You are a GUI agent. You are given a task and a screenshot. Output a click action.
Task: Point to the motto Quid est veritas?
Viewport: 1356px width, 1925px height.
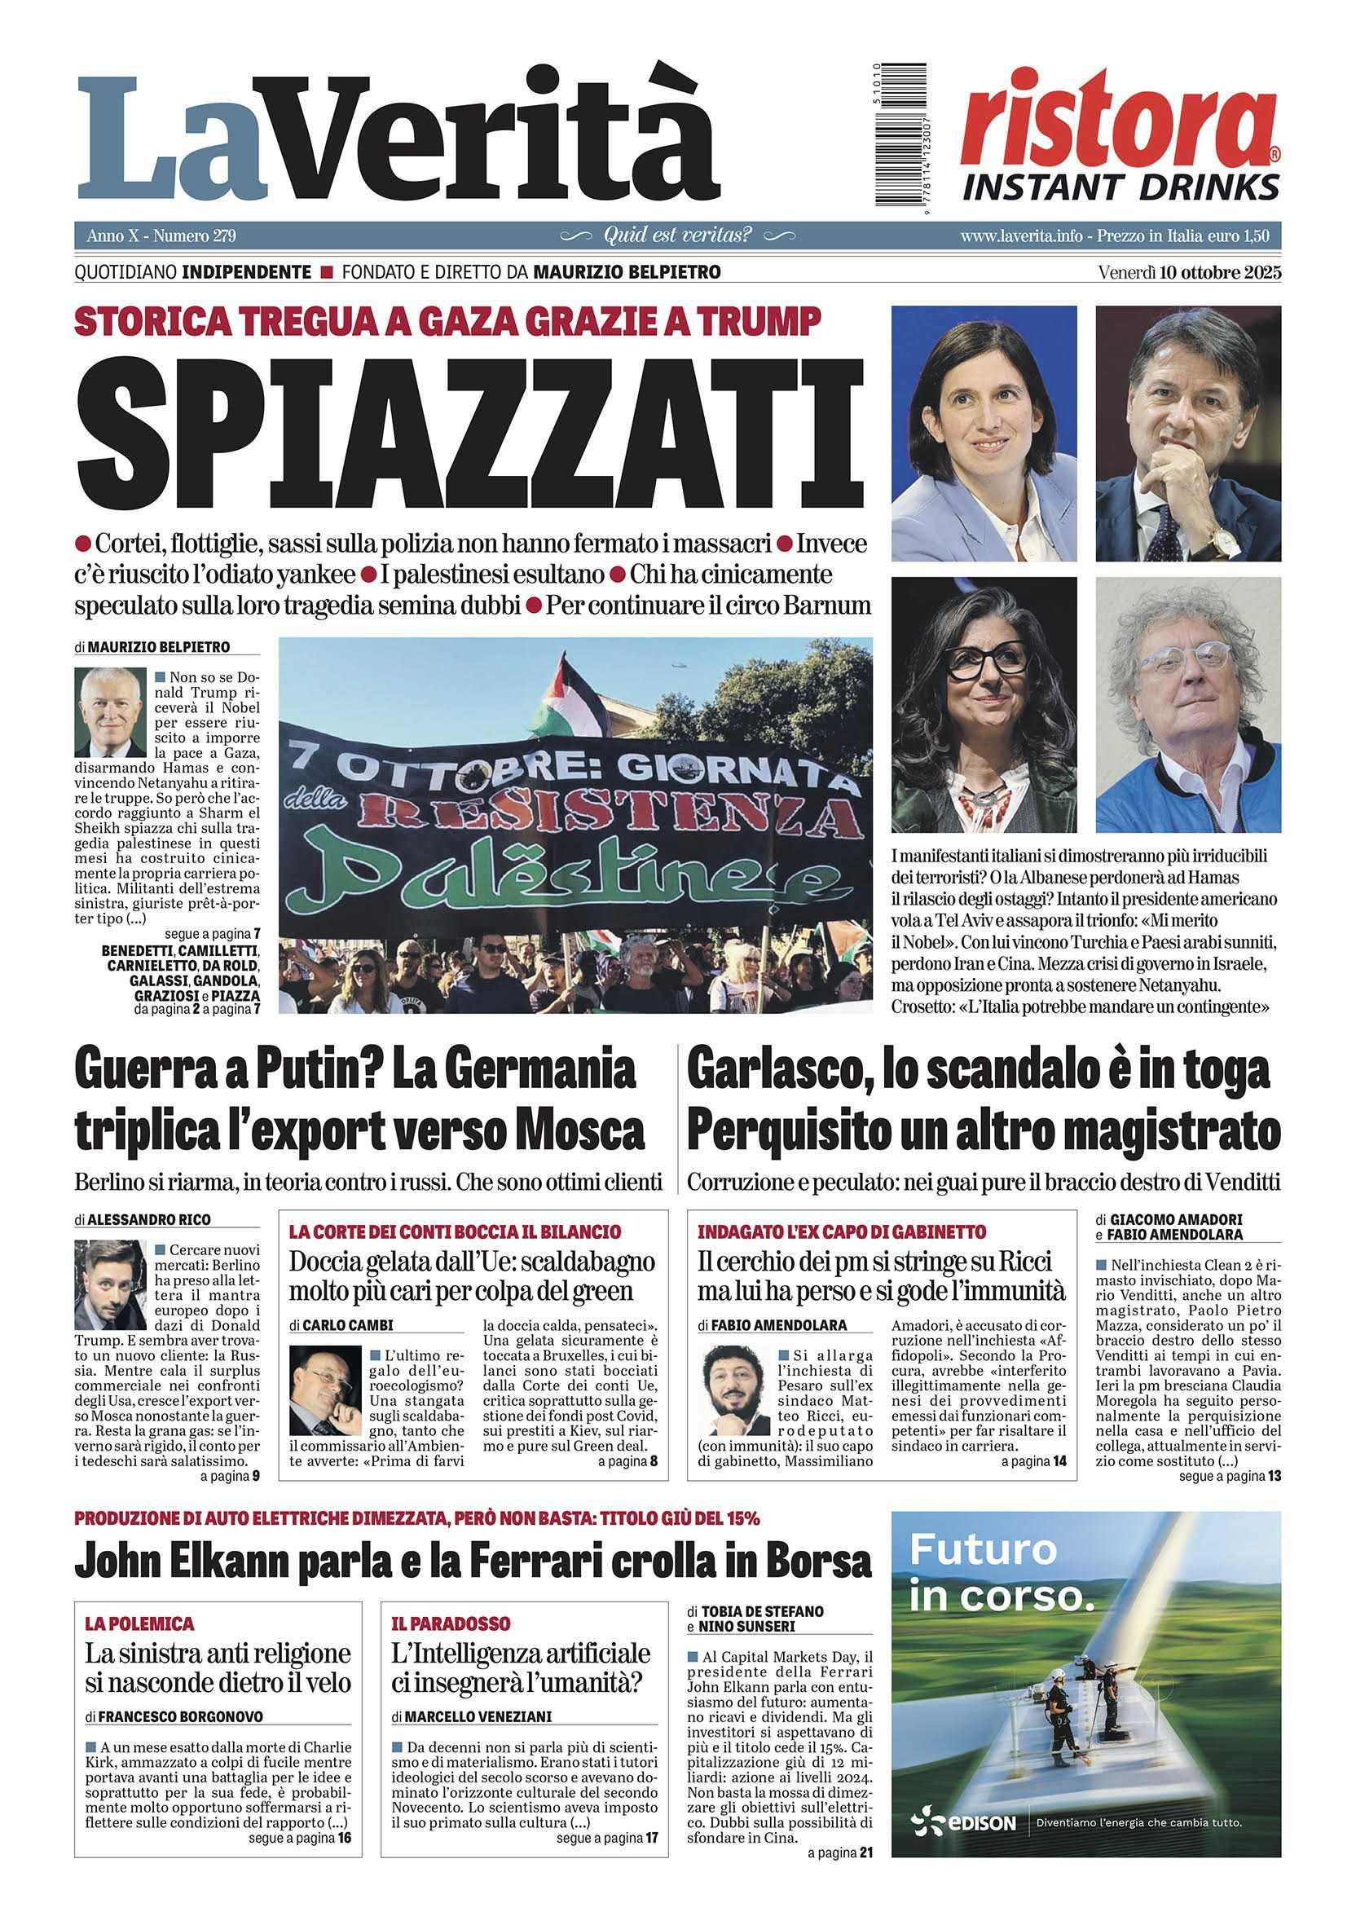(677, 236)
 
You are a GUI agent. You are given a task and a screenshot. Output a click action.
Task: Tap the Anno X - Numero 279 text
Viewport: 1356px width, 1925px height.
(161, 236)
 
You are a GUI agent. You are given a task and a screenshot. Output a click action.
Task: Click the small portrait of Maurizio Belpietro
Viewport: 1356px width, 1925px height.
(110, 711)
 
